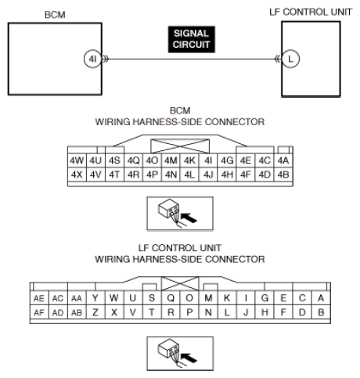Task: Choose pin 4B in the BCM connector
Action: point(283,174)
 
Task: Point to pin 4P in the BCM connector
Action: point(152,174)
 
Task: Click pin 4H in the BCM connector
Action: point(227,174)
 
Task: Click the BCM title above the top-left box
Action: point(55,13)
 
